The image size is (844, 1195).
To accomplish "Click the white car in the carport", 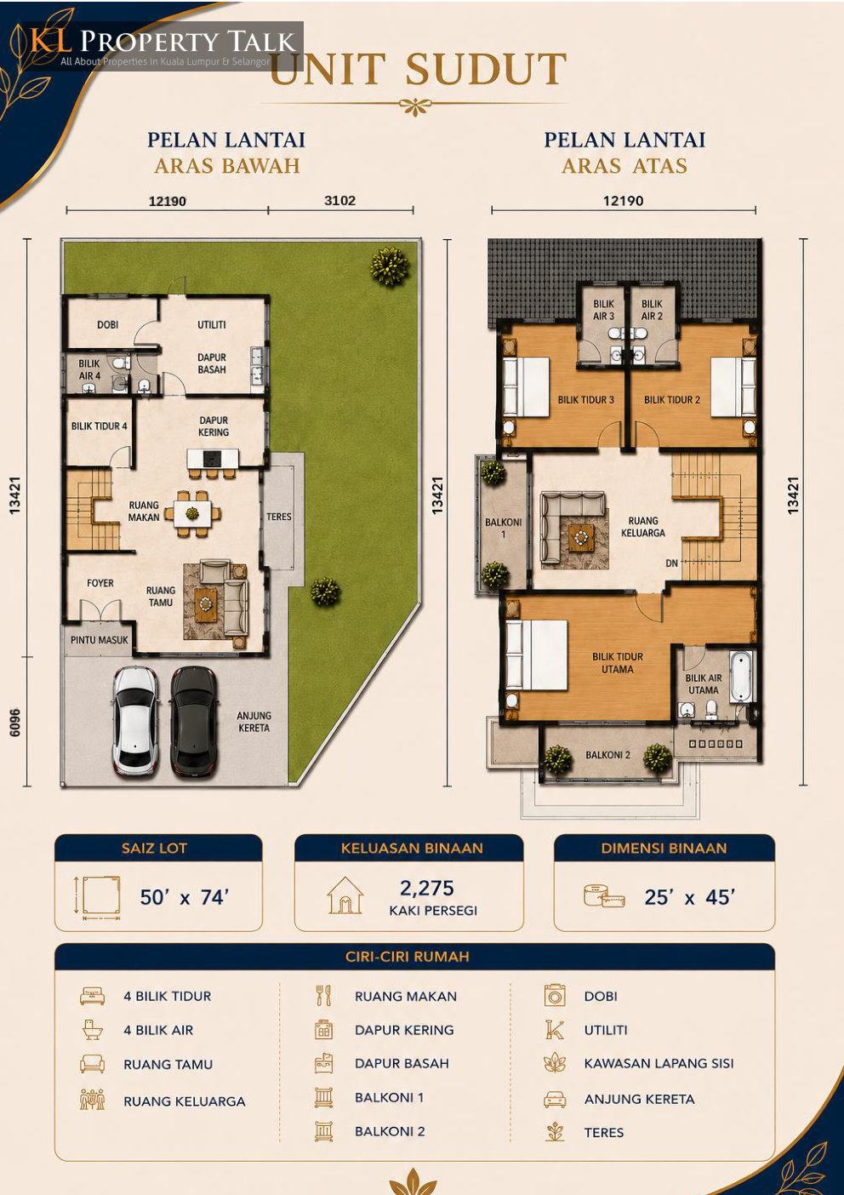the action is pyautogui.click(x=135, y=720).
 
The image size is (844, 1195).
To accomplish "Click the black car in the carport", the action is pyautogui.click(x=193, y=720).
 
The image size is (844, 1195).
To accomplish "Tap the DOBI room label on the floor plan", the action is pyautogui.click(x=108, y=324).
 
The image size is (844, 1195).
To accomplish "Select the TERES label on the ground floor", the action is pyautogui.click(x=279, y=517).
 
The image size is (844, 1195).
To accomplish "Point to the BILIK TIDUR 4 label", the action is pyautogui.click(x=100, y=426).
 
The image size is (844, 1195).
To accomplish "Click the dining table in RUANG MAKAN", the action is pyautogui.click(x=192, y=513).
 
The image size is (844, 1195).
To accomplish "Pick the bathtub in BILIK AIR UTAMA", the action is pyautogui.click(x=740, y=677).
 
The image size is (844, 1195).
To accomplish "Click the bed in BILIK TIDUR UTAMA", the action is pyautogui.click(x=536, y=655).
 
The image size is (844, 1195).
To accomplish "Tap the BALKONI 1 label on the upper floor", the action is pyautogui.click(x=504, y=528).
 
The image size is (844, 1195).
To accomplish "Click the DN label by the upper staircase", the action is pyautogui.click(x=672, y=563).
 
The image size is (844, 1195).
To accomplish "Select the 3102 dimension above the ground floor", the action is pyautogui.click(x=339, y=201).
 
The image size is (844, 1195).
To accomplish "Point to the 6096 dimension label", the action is pyautogui.click(x=15, y=723).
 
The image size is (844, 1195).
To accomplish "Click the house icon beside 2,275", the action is pyautogui.click(x=345, y=895).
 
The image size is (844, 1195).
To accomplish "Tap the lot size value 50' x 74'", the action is pyautogui.click(x=185, y=897).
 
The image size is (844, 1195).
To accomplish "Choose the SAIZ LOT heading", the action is pyautogui.click(x=154, y=849).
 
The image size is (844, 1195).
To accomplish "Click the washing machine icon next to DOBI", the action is pyautogui.click(x=555, y=996).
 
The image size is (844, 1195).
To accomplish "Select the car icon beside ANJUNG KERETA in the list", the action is pyautogui.click(x=555, y=1099).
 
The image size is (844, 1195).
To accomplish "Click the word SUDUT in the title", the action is pyautogui.click(x=485, y=69).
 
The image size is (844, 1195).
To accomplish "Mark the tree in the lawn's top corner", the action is pyautogui.click(x=390, y=266).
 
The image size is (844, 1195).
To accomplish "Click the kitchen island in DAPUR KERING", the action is pyautogui.click(x=213, y=458).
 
